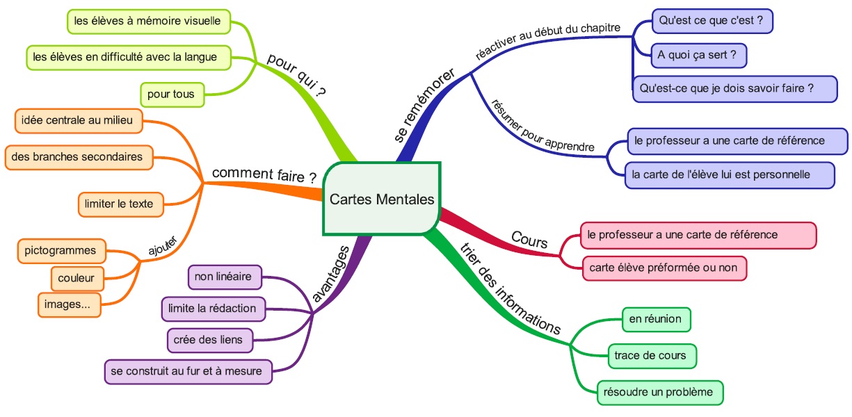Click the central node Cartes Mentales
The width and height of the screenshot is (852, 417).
pos(381,199)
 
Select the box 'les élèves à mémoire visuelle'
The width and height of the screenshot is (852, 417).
pos(147,22)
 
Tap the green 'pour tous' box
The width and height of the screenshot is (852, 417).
pos(172,94)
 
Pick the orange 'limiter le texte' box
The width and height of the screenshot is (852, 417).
pos(120,204)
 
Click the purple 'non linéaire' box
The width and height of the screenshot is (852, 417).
pos(224,277)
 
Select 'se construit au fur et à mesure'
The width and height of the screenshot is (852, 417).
pos(187,371)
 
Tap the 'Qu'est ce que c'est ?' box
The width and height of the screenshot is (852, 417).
pos(712,21)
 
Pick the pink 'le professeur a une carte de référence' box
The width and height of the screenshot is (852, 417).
pos(698,235)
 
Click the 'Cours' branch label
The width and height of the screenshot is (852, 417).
pos(529,240)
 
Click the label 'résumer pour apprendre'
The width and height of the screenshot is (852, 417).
pos(542,126)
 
